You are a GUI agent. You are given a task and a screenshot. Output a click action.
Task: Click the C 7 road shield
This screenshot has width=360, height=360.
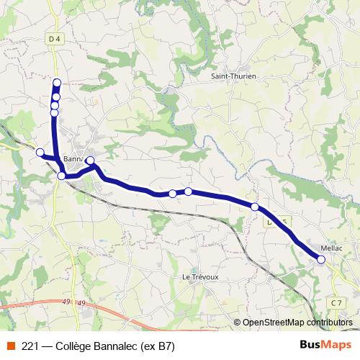tap(336, 302)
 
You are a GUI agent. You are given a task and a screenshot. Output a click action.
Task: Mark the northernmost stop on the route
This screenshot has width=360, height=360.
tap(57, 83)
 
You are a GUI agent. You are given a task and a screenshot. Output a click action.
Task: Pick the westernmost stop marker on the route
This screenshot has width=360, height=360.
tap(40, 152)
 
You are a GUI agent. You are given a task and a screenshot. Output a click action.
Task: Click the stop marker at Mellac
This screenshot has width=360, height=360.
tap(321, 259)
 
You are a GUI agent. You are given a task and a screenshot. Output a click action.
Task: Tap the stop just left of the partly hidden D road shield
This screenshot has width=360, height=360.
tap(255, 207)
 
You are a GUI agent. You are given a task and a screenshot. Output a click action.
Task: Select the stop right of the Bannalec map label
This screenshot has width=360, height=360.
tap(90, 160)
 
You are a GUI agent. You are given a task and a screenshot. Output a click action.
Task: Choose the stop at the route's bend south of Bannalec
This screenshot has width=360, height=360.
tap(61, 176)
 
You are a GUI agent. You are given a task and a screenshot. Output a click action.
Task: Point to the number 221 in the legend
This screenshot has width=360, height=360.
tap(31, 346)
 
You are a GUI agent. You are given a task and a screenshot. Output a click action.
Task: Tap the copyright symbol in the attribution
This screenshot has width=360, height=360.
tap(237, 323)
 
